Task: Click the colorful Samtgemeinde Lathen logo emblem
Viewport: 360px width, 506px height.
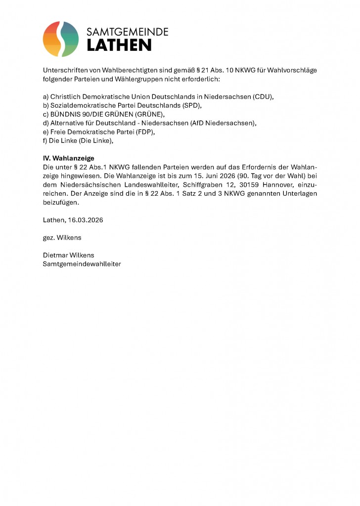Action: (x=61, y=39)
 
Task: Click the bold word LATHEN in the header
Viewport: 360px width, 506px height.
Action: (x=119, y=45)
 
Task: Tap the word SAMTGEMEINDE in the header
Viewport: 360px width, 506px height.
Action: (x=128, y=32)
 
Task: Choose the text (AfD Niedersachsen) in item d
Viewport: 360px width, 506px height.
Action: (x=222, y=123)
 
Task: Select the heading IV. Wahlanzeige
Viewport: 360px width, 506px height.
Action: (x=68, y=159)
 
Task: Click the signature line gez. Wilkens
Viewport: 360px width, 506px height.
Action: (x=62, y=238)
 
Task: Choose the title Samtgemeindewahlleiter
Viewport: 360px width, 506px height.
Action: (x=82, y=264)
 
